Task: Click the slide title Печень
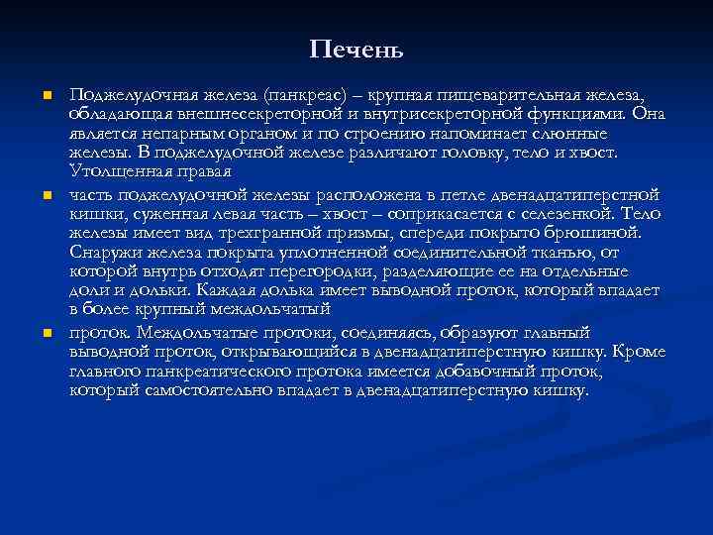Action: click(356, 49)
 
